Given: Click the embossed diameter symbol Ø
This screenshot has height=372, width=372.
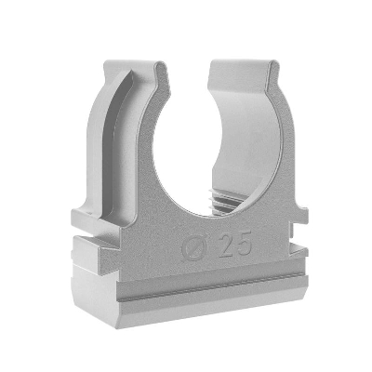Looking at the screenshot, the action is click(194, 246).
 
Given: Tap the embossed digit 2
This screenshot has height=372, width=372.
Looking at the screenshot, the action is click(226, 245).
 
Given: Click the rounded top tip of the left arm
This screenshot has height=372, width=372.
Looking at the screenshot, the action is click(160, 65).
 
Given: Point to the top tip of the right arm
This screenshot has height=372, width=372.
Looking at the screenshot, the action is click(272, 64).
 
